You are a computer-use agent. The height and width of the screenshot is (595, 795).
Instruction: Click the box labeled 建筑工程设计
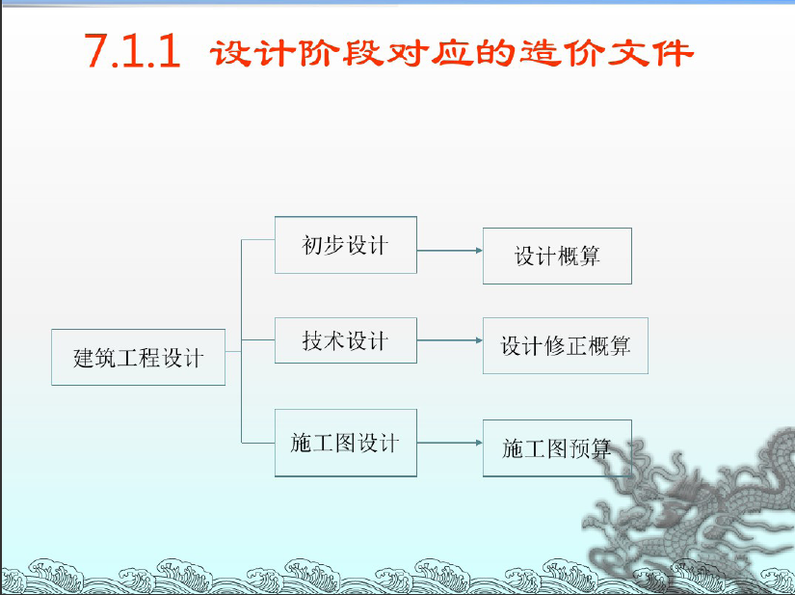pyautogui.click(x=138, y=357)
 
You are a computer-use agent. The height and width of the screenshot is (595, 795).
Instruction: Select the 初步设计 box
pyautogui.click(x=346, y=245)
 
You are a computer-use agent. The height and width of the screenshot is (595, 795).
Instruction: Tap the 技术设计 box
pyautogui.click(x=346, y=340)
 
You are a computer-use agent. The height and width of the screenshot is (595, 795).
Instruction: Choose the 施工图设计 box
pyautogui.click(x=346, y=443)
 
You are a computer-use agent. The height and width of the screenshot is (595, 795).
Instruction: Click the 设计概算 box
pyautogui.click(x=557, y=256)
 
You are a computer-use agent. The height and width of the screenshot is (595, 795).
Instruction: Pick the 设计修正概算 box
pyautogui.click(x=566, y=345)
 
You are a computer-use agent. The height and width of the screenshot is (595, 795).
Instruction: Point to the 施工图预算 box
pyautogui.click(x=557, y=448)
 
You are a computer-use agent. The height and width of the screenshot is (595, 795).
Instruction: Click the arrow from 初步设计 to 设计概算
pyautogui.click(x=450, y=251)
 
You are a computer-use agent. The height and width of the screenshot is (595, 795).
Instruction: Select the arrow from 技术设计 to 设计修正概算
pyautogui.click(x=450, y=340)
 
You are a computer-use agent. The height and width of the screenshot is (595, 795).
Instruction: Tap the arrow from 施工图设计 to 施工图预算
pyautogui.click(x=450, y=443)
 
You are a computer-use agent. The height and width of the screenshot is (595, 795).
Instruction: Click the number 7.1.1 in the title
pyautogui.click(x=132, y=51)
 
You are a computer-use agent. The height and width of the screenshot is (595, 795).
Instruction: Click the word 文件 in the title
pyautogui.click(x=650, y=53)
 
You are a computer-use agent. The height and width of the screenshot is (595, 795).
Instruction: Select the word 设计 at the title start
pyautogui.click(x=252, y=53)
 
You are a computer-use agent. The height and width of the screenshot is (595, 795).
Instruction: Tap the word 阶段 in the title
pyautogui.click(x=341, y=53)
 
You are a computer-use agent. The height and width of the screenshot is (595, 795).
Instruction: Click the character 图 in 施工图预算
pyautogui.click(x=557, y=448)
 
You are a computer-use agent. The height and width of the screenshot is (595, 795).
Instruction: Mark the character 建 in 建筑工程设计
pyautogui.click(x=84, y=358)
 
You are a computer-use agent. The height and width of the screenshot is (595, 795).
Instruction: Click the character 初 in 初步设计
pyautogui.click(x=312, y=246)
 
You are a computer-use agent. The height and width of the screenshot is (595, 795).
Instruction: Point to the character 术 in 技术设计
pyautogui.click(x=334, y=340)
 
